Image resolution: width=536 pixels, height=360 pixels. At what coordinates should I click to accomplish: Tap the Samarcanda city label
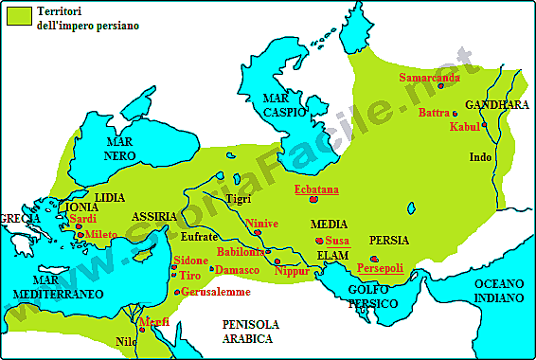click(x=429, y=78)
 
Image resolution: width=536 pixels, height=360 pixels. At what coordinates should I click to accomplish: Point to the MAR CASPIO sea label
click(x=285, y=104)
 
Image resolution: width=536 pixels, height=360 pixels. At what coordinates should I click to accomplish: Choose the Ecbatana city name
click(x=316, y=190)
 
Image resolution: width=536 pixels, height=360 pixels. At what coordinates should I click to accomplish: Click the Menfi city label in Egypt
click(x=153, y=323)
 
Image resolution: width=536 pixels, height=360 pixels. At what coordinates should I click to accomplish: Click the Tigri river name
click(x=241, y=198)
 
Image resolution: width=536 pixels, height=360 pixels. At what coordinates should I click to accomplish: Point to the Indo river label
click(x=481, y=157)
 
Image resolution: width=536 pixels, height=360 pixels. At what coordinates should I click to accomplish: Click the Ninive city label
click(x=262, y=224)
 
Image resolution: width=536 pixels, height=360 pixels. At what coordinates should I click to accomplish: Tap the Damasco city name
click(x=237, y=270)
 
